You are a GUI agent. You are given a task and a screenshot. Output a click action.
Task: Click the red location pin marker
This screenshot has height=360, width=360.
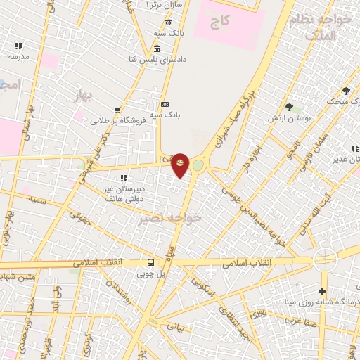pyautogui.click(x=180, y=165)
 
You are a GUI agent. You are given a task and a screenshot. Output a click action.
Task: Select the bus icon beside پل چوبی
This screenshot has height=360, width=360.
pyautogui.click(x=151, y=264)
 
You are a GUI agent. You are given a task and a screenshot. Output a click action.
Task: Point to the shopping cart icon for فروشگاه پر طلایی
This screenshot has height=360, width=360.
pyautogui.click(x=117, y=110)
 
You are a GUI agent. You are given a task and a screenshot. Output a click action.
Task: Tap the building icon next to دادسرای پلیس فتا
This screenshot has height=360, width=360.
pyautogui.click(x=156, y=49)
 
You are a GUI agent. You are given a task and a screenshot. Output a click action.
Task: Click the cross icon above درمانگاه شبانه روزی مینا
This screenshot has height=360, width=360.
pyautogui.click(x=322, y=291)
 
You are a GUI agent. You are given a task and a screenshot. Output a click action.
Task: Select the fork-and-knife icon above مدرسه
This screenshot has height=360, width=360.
pyautogui.click(x=18, y=46)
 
